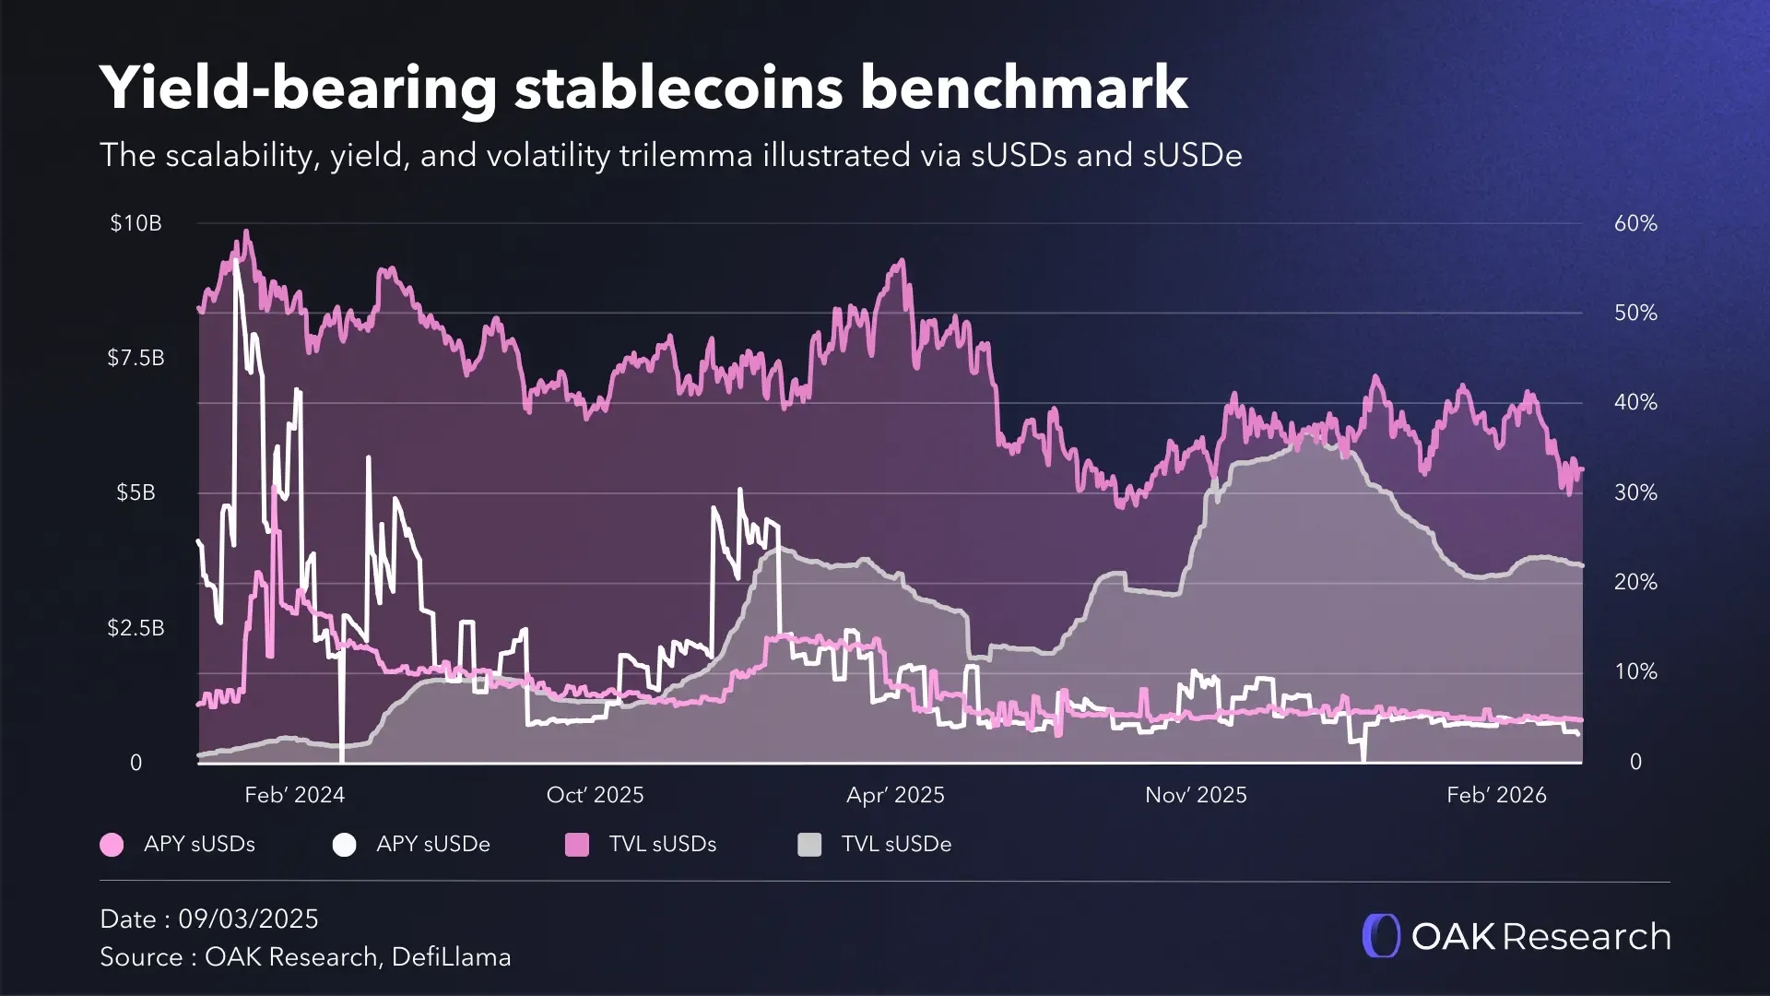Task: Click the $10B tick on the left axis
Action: click(136, 223)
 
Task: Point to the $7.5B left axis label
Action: click(136, 358)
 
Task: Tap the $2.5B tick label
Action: click(136, 628)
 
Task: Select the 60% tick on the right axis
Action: click(1635, 223)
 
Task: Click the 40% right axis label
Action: click(1635, 402)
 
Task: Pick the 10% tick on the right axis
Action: click(1635, 671)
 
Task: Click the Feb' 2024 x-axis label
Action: click(294, 795)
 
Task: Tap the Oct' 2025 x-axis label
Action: click(595, 795)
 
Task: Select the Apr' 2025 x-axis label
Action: click(895, 795)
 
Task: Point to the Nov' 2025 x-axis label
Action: click(1196, 795)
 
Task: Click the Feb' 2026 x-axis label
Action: click(1496, 795)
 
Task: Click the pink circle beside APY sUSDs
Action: click(112, 845)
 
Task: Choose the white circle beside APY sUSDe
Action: click(344, 845)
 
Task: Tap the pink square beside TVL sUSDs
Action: click(577, 845)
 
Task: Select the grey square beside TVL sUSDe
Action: click(809, 845)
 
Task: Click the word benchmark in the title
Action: click(1024, 88)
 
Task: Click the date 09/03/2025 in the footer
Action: click(248, 919)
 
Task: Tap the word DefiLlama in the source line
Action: click(451, 957)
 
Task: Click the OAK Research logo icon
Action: click(1381, 936)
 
